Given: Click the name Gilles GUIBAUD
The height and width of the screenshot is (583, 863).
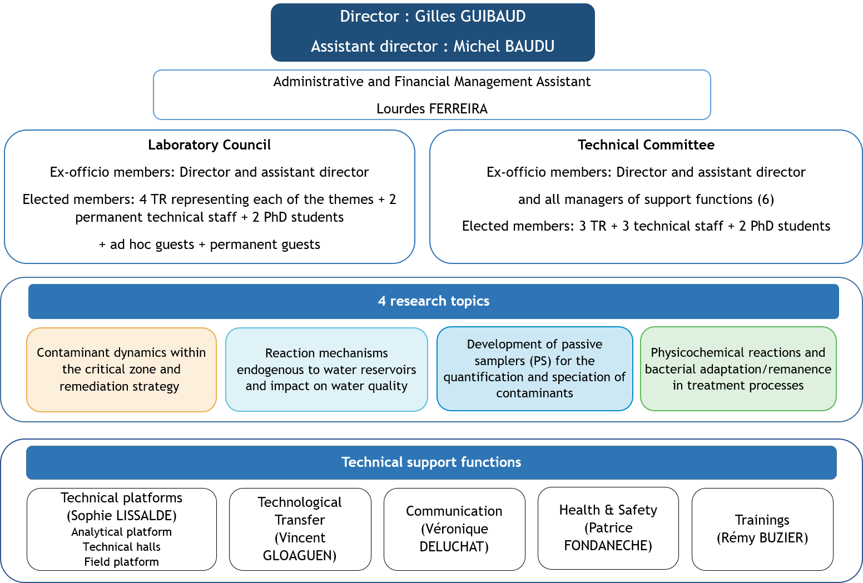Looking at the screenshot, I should [470, 17].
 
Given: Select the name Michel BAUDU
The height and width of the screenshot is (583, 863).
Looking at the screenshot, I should [504, 46].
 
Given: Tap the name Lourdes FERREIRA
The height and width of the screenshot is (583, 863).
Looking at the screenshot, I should [432, 109].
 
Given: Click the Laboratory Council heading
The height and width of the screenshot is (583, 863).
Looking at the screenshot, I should [209, 145].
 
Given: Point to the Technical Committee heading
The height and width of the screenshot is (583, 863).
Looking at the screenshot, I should [646, 145].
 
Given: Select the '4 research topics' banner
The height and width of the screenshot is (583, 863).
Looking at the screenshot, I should [433, 301].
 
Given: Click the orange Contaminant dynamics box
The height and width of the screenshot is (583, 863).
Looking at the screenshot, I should [121, 370].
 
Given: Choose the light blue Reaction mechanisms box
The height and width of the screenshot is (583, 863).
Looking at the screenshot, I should [326, 370].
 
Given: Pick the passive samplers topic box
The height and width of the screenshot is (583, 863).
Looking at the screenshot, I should [534, 368].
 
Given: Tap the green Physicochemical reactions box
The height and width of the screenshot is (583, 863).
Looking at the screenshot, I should [738, 368].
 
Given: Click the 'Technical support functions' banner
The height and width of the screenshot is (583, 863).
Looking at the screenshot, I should [431, 462].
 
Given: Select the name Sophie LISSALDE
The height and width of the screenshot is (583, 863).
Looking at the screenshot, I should [122, 516].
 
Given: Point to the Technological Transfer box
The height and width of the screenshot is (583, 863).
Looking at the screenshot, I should [300, 529].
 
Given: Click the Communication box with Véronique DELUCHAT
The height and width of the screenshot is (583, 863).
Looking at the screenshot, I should [454, 529].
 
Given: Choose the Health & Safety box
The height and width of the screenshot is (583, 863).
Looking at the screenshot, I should [608, 527].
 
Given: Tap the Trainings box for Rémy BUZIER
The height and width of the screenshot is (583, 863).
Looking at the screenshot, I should [762, 529].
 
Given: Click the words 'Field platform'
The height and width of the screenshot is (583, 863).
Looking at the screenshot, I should [122, 562].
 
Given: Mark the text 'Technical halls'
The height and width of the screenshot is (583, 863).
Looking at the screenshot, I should [122, 547].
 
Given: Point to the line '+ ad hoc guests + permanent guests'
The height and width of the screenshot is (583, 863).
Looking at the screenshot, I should [210, 245].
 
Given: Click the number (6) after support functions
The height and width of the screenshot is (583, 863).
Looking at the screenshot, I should [766, 200].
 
